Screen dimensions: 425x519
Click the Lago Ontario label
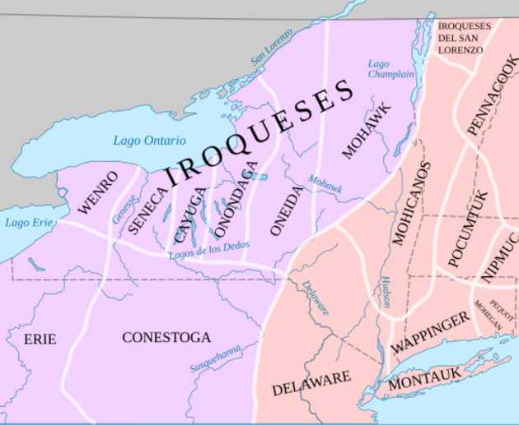pyautogui.click(x=149, y=141)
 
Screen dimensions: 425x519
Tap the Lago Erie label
pyautogui.click(x=27, y=222)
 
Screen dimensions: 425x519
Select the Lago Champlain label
pyautogui.click(x=390, y=69)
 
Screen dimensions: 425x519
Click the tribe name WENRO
pyautogui.click(x=98, y=192)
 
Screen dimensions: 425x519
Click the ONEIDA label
pyautogui.click(x=287, y=210)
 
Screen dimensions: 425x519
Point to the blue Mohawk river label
pyautogui.click(x=325, y=183)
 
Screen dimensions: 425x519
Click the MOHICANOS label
pyautogui.click(x=411, y=203)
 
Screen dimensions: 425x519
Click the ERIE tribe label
pyautogui.click(x=40, y=339)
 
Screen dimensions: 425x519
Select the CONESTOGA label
pyautogui.click(x=166, y=337)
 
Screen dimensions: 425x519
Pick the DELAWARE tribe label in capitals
pyautogui.click(x=311, y=383)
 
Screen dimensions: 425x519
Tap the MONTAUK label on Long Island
pyautogui.click(x=423, y=380)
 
